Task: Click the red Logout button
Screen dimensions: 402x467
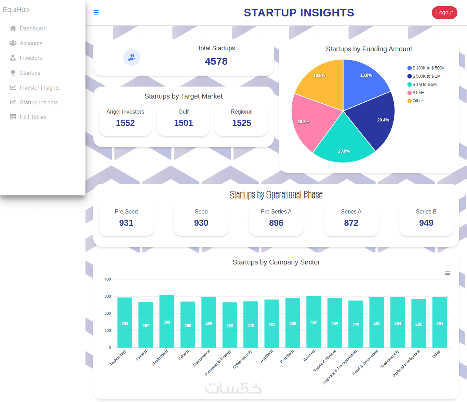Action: [x=444, y=13]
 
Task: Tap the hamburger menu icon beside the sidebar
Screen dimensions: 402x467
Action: [x=96, y=13]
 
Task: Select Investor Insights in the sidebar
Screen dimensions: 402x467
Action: [x=39, y=88]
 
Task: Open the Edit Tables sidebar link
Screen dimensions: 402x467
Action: [x=33, y=117]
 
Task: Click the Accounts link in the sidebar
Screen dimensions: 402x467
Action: [x=31, y=43]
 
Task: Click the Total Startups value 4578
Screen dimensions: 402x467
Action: [x=216, y=61]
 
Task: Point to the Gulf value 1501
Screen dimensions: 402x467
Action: [x=183, y=123]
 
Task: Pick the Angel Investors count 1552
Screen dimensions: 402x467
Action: [x=125, y=123]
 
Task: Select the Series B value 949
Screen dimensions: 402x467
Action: [x=426, y=223]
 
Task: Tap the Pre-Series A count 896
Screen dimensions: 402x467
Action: [x=276, y=223]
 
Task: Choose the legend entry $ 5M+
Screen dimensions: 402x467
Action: [x=418, y=93]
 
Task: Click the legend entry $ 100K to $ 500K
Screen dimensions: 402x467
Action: [x=428, y=68]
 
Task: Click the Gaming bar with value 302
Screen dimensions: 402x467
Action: [x=313, y=322]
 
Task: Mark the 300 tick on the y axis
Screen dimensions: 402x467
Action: [x=108, y=297]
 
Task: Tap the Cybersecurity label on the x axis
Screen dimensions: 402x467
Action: [x=242, y=359]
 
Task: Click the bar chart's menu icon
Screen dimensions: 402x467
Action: [x=448, y=273]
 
